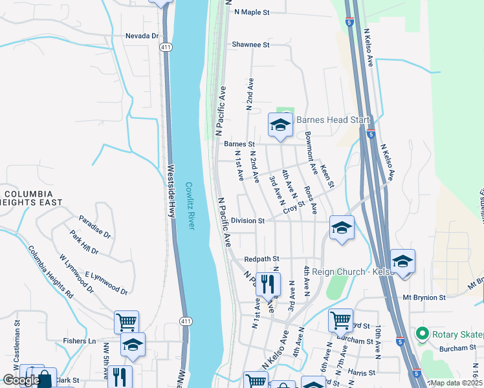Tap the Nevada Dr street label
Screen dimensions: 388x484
[x=142, y=36]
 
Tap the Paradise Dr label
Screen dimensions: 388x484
[x=95, y=227]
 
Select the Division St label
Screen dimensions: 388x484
[x=248, y=221]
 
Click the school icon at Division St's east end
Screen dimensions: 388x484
[x=341, y=228]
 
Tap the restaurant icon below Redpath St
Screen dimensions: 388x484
[x=268, y=283]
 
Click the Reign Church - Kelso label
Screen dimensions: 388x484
[x=353, y=272]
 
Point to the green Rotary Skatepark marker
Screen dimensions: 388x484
[x=423, y=334]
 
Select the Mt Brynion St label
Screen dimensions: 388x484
[x=424, y=298]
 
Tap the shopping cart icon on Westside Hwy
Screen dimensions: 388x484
[x=126, y=321]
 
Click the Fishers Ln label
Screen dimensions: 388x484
[x=79, y=341]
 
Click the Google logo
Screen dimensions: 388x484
[x=21, y=380]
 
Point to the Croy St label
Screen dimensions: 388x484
[x=293, y=207]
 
